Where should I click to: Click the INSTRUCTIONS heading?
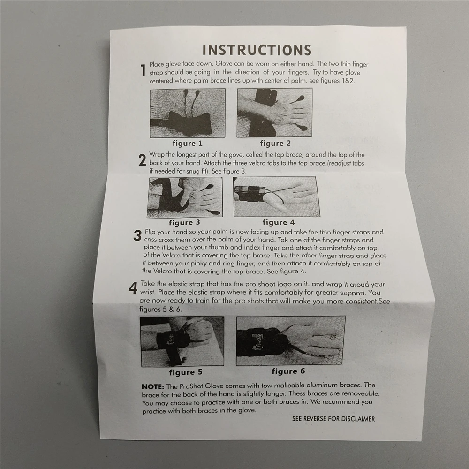coord(257,50)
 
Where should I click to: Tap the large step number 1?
coord(143,70)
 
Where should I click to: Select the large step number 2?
coord(143,160)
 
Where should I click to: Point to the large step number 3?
coord(137,235)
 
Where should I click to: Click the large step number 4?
coord(133,288)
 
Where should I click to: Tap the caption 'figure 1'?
coord(188,143)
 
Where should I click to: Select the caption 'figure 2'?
coord(275,143)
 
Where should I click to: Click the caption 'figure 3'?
coord(184,222)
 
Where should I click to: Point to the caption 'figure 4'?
coord(279,222)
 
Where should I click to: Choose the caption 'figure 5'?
coord(185,372)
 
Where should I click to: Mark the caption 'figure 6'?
coord(288,371)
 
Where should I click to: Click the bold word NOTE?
coord(153,386)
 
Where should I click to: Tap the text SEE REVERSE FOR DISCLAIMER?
coord(333,419)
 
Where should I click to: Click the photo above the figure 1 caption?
coord(188,113)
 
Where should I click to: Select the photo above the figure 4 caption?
coord(277,197)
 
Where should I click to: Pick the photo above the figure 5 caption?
coord(182,341)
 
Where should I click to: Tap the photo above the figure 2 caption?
coord(274,113)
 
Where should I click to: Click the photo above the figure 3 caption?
coord(185,197)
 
